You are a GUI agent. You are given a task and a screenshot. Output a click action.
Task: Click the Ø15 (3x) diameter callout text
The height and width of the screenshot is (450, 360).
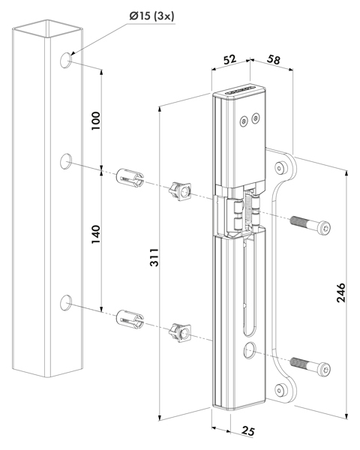point(151,16)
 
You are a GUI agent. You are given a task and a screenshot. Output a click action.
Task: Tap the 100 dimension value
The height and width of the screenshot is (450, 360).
point(96,121)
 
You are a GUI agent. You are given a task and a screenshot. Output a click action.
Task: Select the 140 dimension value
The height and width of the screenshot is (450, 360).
point(96,235)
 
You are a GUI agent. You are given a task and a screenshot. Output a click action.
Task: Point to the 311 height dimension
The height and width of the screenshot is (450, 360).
point(154,257)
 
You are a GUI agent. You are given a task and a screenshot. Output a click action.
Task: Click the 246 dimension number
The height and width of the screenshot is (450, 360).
point(341,292)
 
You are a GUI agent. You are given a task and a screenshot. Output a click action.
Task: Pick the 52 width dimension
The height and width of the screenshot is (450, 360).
point(229,59)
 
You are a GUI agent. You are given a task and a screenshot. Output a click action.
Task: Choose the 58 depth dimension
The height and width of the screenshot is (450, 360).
point(273,59)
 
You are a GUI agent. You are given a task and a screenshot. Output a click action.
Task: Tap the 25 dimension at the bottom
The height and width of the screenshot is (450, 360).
point(247,430)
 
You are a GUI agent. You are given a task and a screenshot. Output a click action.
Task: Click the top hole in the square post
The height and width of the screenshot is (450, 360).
point(66,60)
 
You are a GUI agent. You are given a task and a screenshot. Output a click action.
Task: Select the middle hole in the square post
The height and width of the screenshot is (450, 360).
point(66,161)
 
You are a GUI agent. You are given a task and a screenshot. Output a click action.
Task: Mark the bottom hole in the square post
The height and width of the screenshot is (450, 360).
point(66,302)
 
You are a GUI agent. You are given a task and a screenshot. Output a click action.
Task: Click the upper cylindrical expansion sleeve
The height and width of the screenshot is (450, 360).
point(130,178)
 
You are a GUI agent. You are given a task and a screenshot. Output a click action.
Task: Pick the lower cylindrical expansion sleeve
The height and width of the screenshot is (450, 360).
point(130,319)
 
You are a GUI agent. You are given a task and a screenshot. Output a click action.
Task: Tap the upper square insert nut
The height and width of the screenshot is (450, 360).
point(180,191)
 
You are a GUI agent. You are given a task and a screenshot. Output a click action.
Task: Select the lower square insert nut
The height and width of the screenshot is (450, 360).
point(180,332)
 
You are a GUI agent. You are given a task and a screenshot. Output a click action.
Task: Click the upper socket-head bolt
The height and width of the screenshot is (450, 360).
point(310,224)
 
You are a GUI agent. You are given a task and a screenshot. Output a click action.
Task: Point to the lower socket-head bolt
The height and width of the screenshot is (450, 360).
point(310,366)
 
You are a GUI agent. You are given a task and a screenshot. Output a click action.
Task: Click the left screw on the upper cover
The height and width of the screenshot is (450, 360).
point(244,121)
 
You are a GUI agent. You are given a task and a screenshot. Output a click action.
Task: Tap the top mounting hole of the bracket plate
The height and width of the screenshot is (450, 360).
point(280,168)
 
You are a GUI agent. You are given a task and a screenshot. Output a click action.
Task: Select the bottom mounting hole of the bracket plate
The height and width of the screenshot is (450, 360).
point(280,390)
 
